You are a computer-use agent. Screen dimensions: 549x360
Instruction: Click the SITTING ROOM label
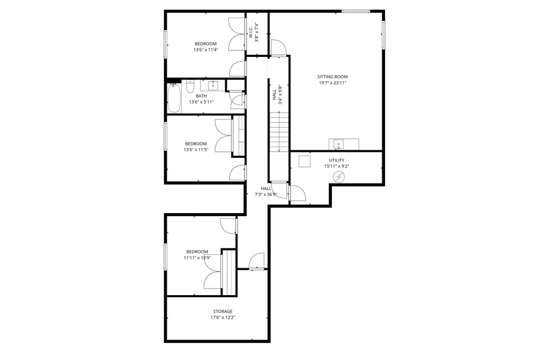(x=332, y=77)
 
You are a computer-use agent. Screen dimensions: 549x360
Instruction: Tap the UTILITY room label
(x=337, y=160)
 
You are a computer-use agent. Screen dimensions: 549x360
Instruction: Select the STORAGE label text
(x=222, y=311)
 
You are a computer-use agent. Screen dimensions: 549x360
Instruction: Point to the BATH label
(x=202, y=95)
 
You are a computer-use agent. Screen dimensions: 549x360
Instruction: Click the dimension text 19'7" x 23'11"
(x=332, y=83)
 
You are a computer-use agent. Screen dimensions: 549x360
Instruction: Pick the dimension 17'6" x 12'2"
(x=222, y=318)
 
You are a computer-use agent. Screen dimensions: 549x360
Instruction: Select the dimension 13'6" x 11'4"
(x=205, y=50)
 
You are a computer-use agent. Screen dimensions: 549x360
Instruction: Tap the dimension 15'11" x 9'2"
(x=337, y=166)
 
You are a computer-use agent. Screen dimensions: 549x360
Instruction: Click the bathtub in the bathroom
(x=174, y=99)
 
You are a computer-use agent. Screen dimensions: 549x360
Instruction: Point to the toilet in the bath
(x=190, y=86)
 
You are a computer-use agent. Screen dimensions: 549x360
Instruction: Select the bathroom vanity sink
(x=212, y=85)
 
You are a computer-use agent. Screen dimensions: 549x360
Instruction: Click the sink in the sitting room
(x=338, y=144)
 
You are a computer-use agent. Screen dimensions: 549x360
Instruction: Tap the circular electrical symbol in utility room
(x=339, y=177)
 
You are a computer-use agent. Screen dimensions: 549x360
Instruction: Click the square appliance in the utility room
(x=305, y=161)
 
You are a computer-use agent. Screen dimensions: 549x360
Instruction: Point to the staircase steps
(x=279, y=132)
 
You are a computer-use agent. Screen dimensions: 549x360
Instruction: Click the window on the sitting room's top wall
(x=356, y=11)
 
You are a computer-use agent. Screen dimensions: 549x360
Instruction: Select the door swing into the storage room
(x=257, y=261)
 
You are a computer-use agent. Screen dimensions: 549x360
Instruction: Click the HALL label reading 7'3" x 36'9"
(x=266, y=192)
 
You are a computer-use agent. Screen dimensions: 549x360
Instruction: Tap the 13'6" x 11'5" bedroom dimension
(x=196, y=150)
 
